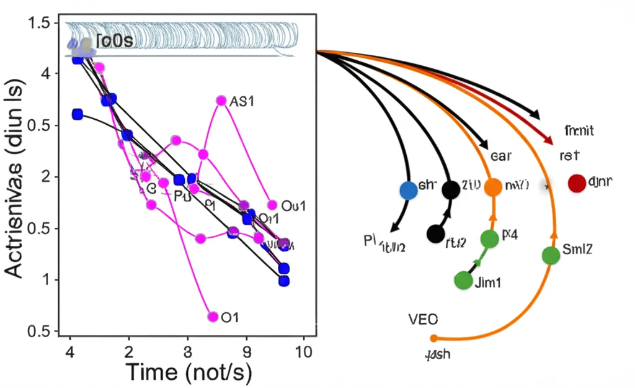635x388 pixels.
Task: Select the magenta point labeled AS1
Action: click(x=221, y=101)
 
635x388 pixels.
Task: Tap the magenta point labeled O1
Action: click(x=213, y=317)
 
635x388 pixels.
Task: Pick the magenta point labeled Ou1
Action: click(x=272, y=205)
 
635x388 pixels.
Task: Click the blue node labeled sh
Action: click(x=408, y=190)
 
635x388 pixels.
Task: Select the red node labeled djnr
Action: click(x=577, y=183)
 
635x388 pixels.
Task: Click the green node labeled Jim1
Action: click(x=463, y=280)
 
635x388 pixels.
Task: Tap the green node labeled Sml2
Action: click(x=551, y=255)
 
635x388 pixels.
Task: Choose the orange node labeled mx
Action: click(x=493, y=187)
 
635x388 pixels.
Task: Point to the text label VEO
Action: click(x=423, y=320)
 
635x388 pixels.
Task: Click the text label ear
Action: click(x=500, y=156)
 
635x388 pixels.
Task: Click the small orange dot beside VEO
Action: click(x=433, y=338)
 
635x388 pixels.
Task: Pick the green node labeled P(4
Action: click(x=489, y=238)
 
